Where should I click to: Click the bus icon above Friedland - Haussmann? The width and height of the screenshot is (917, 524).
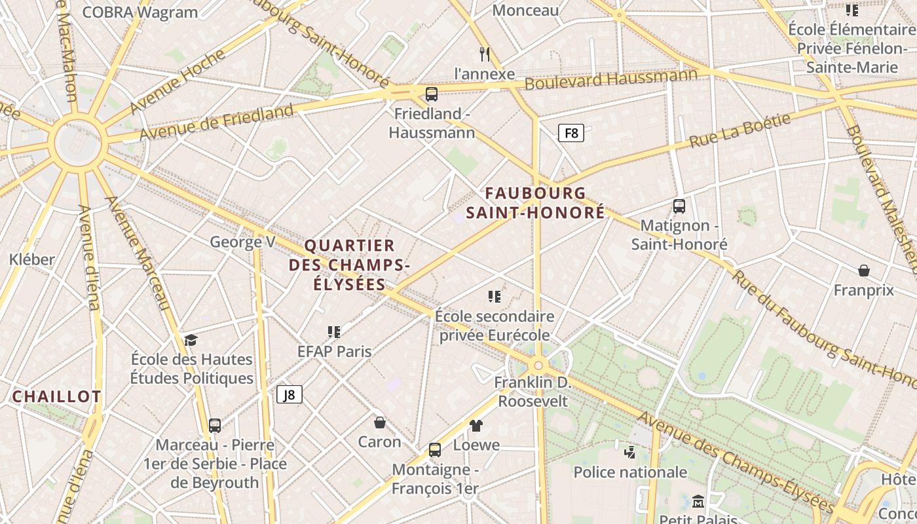pyautogui.click(x=431, y=94)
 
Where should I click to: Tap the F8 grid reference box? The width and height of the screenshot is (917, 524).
pyautogui.click(x=571, y=134)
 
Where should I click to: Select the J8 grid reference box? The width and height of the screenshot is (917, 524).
pyautogui.click(x=290, y=394)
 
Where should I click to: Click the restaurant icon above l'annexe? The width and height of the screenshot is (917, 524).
pyautogui.click(x=485, y=54)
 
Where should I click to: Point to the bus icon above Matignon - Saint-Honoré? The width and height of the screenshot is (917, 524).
pyautogui.click(x=679, y=206)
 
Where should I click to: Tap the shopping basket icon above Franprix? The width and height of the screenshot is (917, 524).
pyautogui.click(x=864, y=271)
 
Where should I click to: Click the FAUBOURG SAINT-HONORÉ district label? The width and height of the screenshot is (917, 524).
pyautogui.click(x=535, y=203)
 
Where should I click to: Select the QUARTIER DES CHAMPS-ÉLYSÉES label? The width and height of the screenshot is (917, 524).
pyautogui.click(x=349, y=265)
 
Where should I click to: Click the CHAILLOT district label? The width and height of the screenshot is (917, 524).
pyautogui.click(x=57, y=396)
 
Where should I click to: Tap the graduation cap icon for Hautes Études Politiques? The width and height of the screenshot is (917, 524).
pyautogui.click(x=191, y=340)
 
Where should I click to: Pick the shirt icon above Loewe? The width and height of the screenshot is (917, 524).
pyautogui.click(x=476, y=426)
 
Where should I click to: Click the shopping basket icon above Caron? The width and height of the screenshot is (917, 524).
pyautogui.click(x=379, y=422)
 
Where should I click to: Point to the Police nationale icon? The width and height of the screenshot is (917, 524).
pyautogui.click(x=629, y=452)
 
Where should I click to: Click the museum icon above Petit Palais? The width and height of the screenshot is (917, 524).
pyautogui.click(x=698, y=502)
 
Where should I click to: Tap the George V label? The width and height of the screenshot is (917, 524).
pyautogui.click(x=242, y=242)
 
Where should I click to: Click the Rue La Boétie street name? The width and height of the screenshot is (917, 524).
pyautogui.click(x=739, y=130)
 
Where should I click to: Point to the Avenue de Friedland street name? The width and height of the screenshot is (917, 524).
pyautogui.click(x=217, y=122)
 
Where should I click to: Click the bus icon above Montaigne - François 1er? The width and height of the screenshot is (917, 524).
pyautogui.click(x=434, y=450)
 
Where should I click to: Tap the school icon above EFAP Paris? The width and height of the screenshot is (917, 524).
pyautogui.click(x=334, y=332)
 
